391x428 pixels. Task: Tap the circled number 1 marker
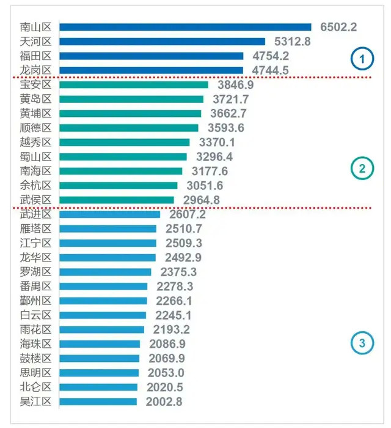pyautogui.click(x=362, y=59)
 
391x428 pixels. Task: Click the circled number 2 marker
pyautogui.click(x=362, y=170)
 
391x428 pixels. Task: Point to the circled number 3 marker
pyautogui.click(x=362, y=344)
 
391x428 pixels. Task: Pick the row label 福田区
pyautogui.click(x=35, y=56)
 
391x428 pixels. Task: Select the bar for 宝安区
pyautogui.click(x=134, y=84)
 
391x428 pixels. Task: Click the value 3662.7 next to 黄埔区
pyautogui.click(x=227, y=113)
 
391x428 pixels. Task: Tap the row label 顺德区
pyautogui.click(x=35, y=128)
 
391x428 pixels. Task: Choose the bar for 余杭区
pyautogui.click(x=119, y=186)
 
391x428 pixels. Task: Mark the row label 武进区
pyautogui.click(x=35, y=214)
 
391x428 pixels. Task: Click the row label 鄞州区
pyautogui.click(x=35, y=301)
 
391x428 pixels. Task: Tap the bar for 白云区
pyautogui.click(x=103, y=315)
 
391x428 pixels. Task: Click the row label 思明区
pyautogui.click(x=35, y=373)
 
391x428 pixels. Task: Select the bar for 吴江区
pyautogui.click(x=98, y=402)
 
